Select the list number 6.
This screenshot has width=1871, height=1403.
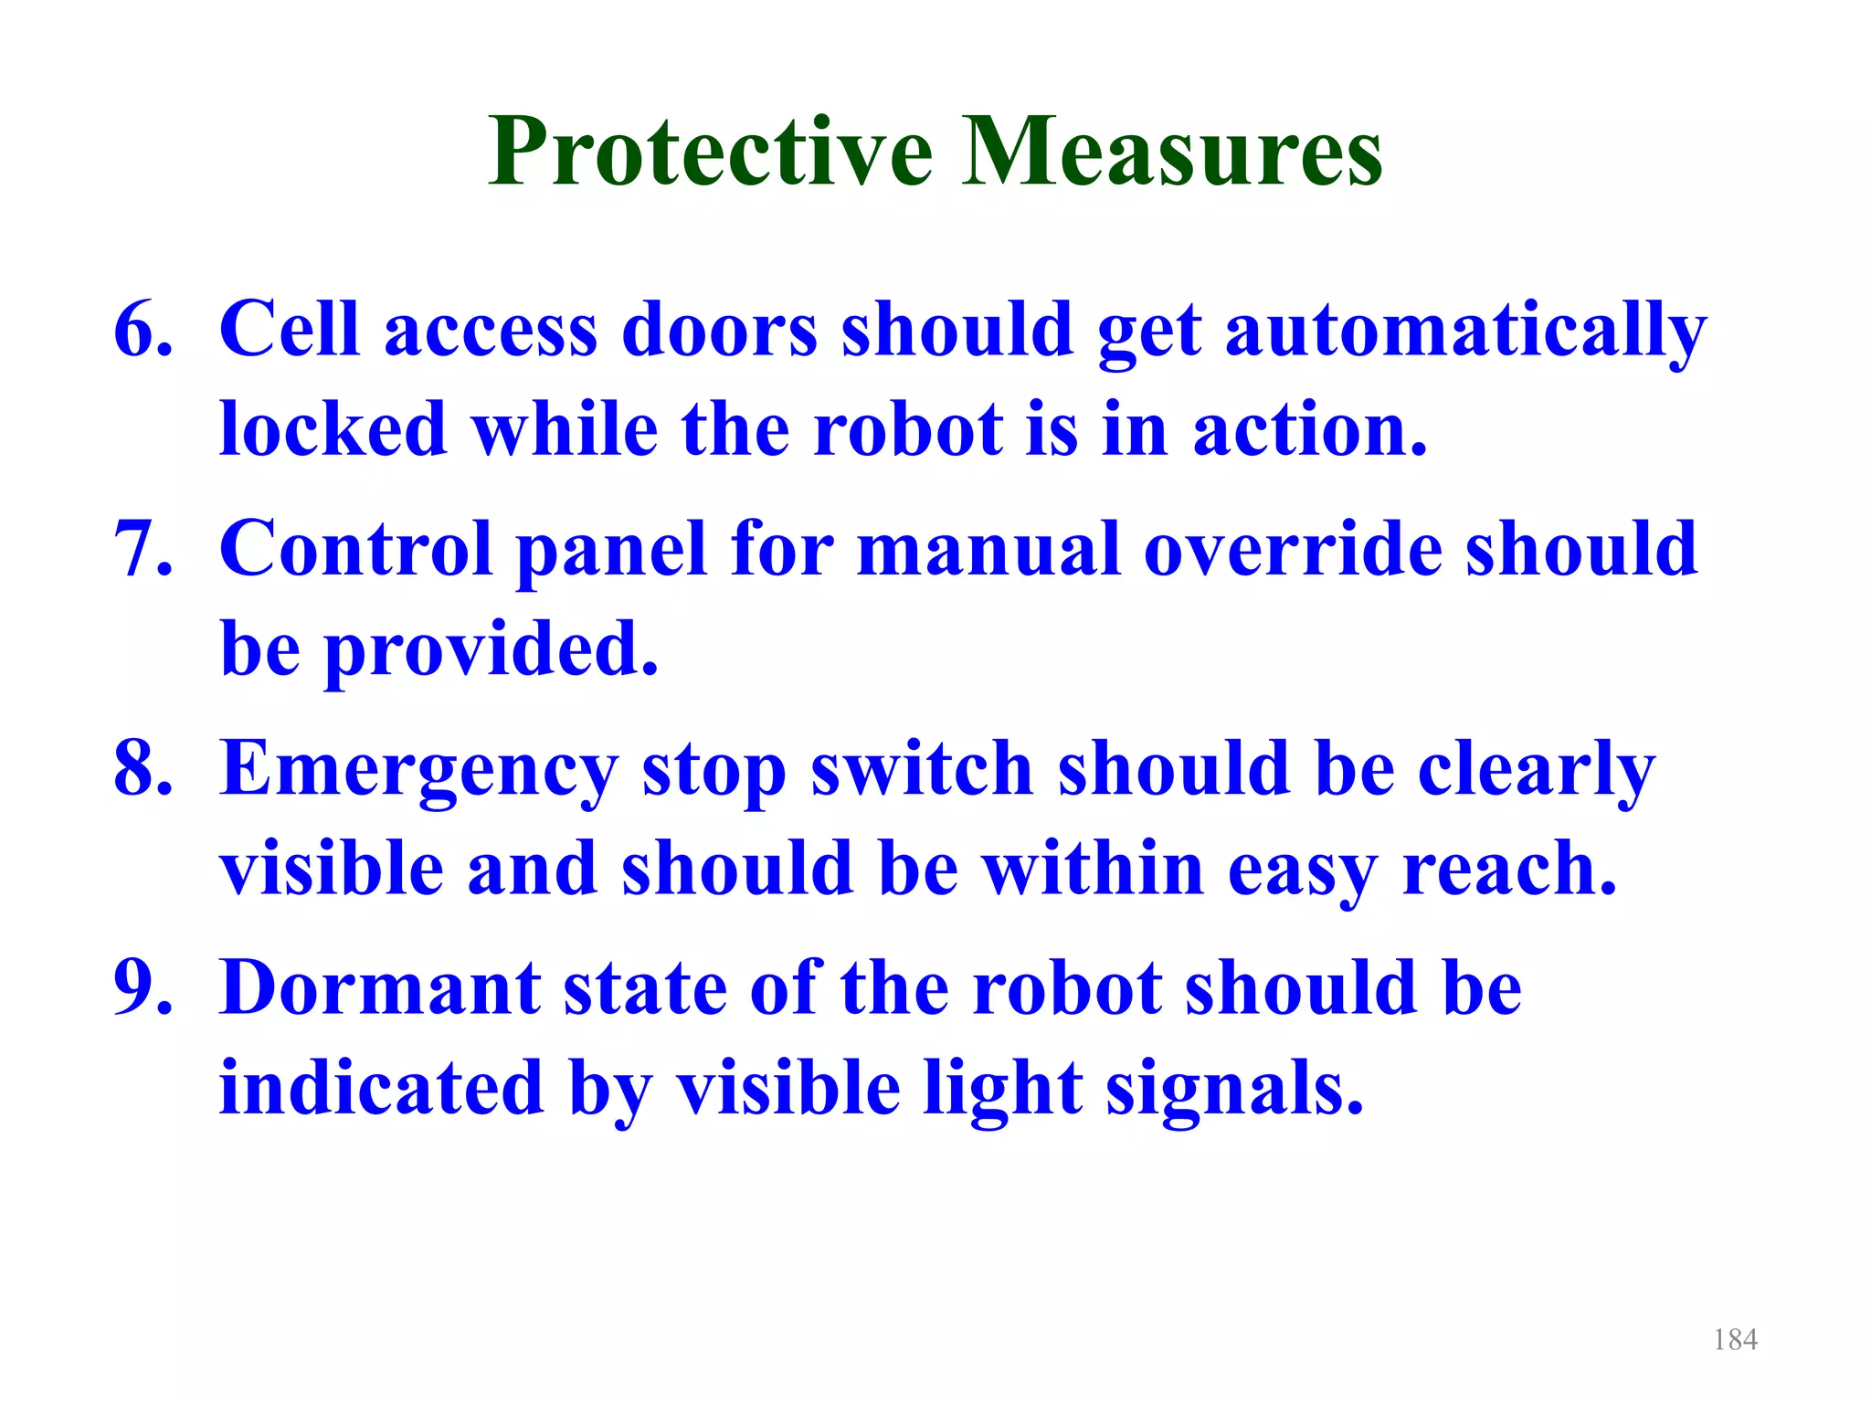click(143, 329)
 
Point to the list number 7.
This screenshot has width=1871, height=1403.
click(143, 548)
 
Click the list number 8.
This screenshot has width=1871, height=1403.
click(143, 768)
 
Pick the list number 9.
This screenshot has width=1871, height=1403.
click(143, 987)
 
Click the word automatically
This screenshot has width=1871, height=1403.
click(1465, 331)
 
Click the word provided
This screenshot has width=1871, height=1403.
click(492, 650)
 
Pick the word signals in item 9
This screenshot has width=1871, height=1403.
click(1234, 1090)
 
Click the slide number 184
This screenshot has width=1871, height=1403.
click(1735, 1340)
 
